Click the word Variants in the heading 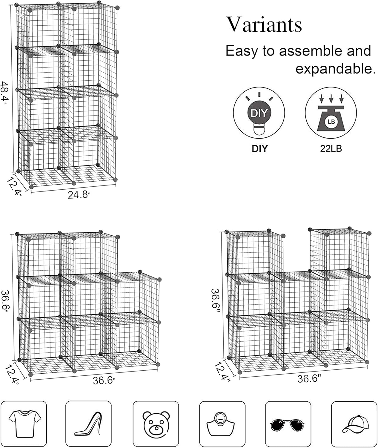pyautogui.click(x=264, y=24)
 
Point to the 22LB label pyautogui.click(x=331, y=148)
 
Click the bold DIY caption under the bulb pyautogui.click(x=259, y=148)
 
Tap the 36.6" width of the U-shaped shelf pyautogui.click(x=309, y=379)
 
